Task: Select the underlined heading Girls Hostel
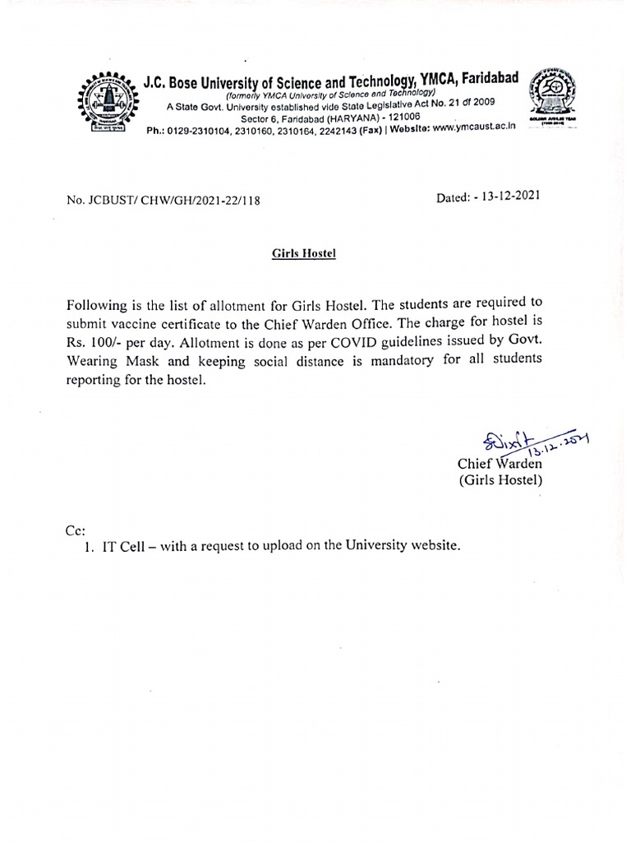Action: click(x=304, y=254)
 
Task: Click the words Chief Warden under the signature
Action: click(x=499, y=464)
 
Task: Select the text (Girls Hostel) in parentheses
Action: click(x=500, y=480)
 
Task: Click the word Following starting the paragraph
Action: click(x=98, y=302)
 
